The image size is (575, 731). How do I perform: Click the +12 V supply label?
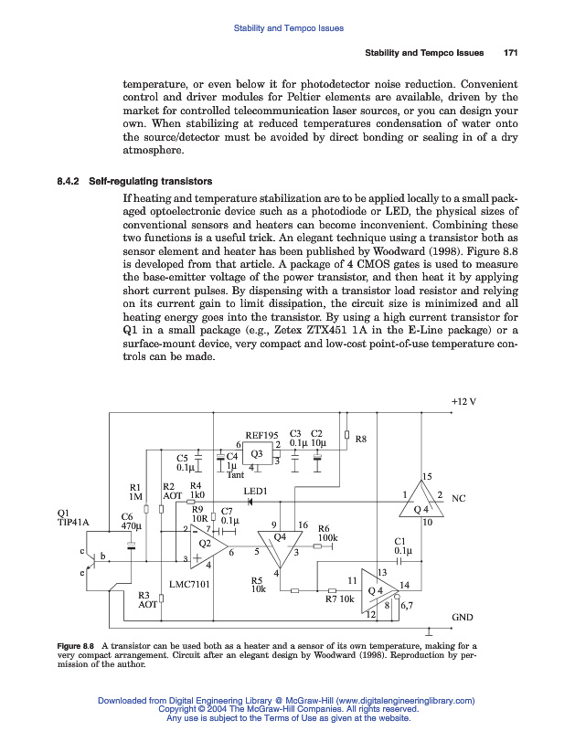(464, 402)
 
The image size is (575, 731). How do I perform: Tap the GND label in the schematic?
(462, 618)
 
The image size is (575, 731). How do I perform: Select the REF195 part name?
(267, 435)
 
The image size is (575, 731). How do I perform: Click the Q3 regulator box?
(257, 453)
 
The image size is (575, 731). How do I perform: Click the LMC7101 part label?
(190, 583)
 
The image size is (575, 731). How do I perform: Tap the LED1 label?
(255, 492)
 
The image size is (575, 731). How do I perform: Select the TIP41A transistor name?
(72, 522)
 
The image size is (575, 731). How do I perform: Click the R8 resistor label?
(360, 440)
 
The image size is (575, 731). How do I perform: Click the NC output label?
(459, 499)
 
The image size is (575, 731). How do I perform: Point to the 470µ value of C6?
(132, 526)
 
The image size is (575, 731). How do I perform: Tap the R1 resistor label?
(136, 487)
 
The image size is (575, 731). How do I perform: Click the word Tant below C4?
(235, 474)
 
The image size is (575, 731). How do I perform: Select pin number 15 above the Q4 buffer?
(426, 477)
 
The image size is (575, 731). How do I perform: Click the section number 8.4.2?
(70, 180)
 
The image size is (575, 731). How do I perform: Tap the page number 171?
(511, 53)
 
